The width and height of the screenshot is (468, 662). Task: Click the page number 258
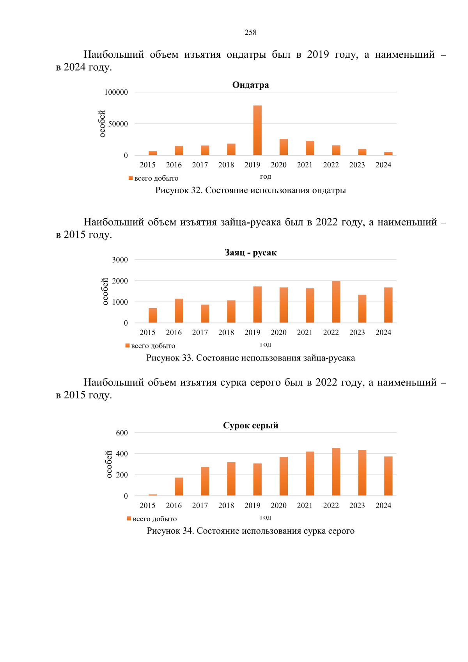point(250,32)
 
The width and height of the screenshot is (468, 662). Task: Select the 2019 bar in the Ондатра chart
point(257,130)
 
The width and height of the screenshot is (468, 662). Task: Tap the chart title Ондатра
point(250,85)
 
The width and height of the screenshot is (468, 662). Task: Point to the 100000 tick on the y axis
point(116,92)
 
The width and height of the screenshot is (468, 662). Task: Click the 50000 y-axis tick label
point(118,124)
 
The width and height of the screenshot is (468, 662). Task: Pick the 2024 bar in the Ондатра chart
point(388,154)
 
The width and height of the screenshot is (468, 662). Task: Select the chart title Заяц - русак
point(250,253)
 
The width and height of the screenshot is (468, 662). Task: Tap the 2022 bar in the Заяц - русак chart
point(336,302)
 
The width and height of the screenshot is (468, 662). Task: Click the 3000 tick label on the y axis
point(120,260)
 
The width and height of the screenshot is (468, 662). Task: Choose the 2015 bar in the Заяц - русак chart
point(153,316)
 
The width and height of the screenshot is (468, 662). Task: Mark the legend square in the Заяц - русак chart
point(128,346)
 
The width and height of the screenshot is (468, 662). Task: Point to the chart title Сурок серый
point(250,426)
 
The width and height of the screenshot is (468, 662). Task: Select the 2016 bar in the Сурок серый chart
point(179,486)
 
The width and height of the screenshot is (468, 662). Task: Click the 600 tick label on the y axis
point(122,433)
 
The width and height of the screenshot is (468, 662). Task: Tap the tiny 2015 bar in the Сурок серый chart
point(153,495)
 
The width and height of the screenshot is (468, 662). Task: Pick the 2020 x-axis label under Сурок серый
point(278,506)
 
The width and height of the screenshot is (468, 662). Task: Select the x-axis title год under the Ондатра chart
point(266,177)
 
